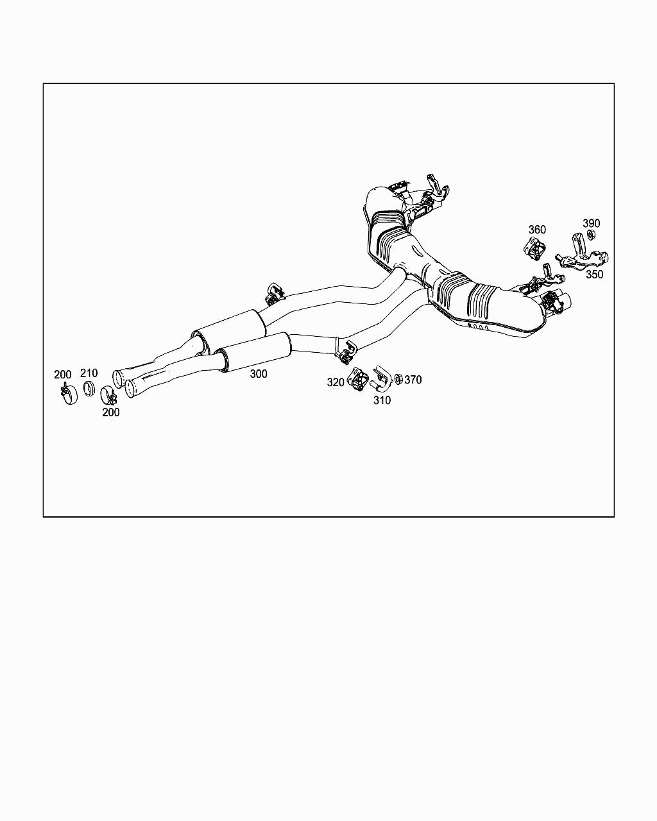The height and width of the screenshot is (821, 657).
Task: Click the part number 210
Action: tap(89, 373)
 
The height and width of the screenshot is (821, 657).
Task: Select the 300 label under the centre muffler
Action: tap(259, 374)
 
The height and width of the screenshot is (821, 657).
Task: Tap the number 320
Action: tap(336, 382)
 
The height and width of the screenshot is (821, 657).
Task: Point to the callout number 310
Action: tap(382, 400)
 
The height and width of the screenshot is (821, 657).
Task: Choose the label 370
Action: tap(413, 380)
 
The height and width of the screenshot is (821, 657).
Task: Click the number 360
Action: tap(537, 230)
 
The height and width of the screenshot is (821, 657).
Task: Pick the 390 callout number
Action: tap(591, 223)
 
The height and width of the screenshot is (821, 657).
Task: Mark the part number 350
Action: tap(594, 274)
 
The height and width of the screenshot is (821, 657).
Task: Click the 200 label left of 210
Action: tap(63, 375)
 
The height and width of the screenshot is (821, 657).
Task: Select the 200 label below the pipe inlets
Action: tap(111, 412)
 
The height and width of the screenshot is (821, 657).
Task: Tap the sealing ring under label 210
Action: tap(90, 389)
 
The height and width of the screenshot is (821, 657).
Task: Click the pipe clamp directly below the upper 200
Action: tap(67, 393)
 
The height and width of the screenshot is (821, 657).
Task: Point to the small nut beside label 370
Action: tap(398, 380)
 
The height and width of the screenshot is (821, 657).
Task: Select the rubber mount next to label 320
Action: tap(357, 378)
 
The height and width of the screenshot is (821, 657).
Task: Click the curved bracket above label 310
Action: tap(380, 378)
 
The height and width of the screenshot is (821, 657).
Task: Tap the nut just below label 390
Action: tap(592, 235)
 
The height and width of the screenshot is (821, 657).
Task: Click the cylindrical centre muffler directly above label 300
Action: tap(255, 350)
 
